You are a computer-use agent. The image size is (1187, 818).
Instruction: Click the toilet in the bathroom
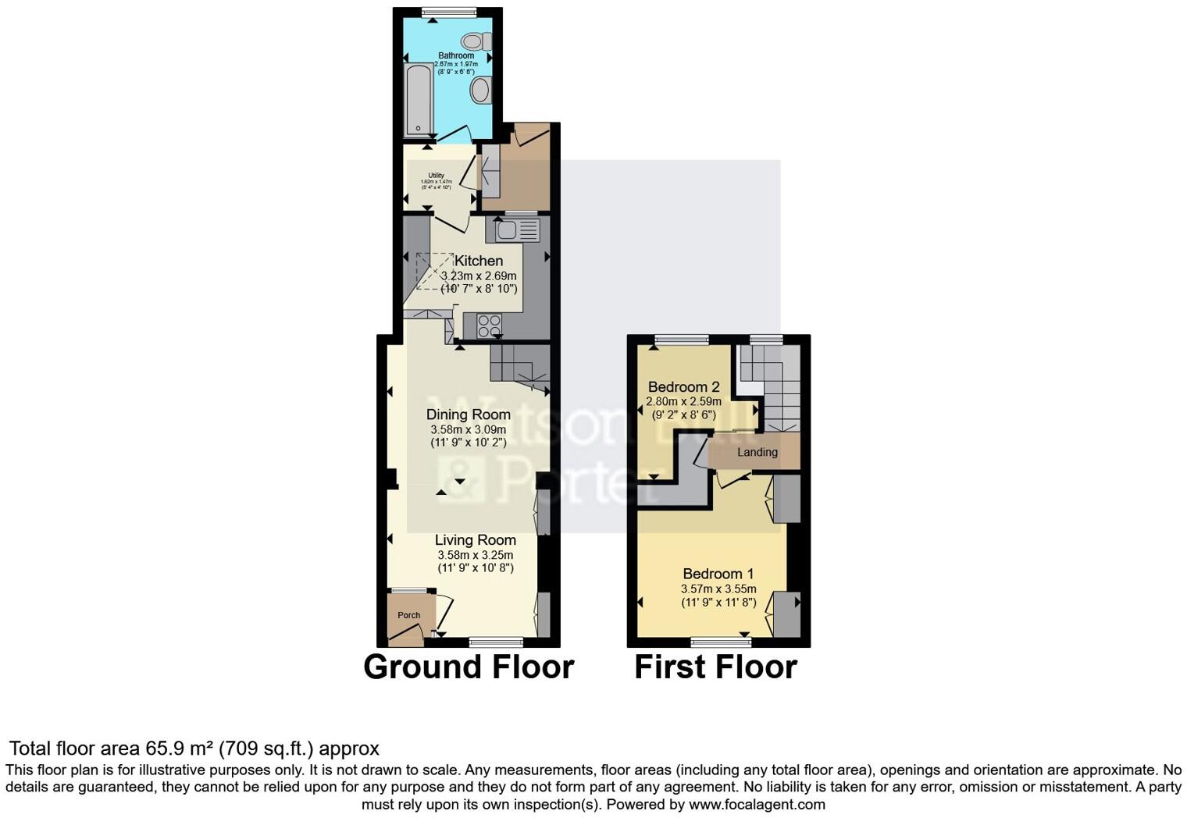tap(475, 41)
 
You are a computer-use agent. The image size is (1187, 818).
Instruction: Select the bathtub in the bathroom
tap(418, 101)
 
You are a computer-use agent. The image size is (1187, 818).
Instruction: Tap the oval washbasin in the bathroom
tap(479, 91)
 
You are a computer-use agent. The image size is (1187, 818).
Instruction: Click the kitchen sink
tap(512, 230)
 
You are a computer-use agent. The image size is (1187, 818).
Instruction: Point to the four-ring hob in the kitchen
tap(489, 325)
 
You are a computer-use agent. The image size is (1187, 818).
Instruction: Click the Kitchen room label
tap(479, 261)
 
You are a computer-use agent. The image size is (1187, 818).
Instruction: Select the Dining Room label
tap(468, 414)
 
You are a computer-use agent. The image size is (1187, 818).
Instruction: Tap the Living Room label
tap(475, 539)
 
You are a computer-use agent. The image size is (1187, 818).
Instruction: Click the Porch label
tap(408, 615)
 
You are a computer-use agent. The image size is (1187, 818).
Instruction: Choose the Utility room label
tap(436, 176)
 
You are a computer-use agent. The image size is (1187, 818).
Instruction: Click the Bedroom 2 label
tap(683, 387)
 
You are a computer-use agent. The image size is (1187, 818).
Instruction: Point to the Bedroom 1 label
tap(718, 574)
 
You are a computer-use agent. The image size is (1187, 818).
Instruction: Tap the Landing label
tap(757, 452)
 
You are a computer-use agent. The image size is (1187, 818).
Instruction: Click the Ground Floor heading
tap(469, 667)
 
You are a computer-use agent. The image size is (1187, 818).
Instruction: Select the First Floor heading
tap(715, 667)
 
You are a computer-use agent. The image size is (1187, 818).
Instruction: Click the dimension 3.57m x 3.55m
tap(718, 589)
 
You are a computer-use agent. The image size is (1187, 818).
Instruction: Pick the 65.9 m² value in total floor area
tap(180, 749)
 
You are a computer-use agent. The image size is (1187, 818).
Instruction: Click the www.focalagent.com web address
tap(757, 804)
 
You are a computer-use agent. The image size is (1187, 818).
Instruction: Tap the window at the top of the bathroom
tap(448, 12)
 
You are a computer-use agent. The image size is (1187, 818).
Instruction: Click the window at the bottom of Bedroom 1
tap(722, 642)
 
